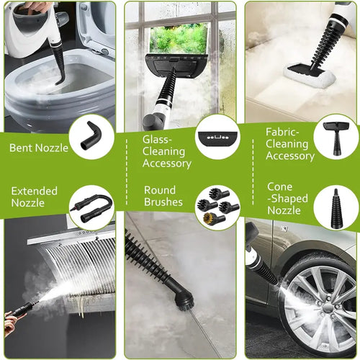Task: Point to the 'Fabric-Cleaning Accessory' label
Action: click(289, 144)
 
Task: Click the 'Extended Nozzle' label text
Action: click(35, 197)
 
